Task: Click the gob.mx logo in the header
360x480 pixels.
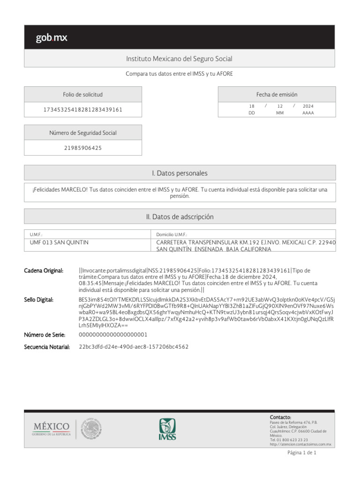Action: [x=52, y=38]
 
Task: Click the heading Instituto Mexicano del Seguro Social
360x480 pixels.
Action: [x=179, y=59]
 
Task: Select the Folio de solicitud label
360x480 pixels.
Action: [x=82, y=94]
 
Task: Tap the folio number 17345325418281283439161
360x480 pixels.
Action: [x=82, y=110]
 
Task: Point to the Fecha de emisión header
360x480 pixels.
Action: [x=277, y=94]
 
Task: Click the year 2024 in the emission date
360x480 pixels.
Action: [x=308, y=106]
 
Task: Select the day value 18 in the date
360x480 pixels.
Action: [x=252, y=106]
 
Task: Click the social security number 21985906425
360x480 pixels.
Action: [x=82, y=148]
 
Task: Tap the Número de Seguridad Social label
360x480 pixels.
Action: [x=82, y=133]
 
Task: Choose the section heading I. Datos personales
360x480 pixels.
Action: [x=180, y=173]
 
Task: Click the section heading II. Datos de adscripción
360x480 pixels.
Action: [x=180, y=217]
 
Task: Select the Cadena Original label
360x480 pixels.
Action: [x=44, y=270]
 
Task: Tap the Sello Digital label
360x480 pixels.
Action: [x=39, y=299]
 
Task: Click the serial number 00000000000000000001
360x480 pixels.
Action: [x=113, y=335]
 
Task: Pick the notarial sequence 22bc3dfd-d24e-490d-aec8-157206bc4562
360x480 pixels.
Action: [x=134, y=347]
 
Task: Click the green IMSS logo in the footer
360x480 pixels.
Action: [x=167, y=429]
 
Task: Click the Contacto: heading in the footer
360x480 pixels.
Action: [x=280, y=417]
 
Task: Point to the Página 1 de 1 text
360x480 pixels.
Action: [x=302, y=453]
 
